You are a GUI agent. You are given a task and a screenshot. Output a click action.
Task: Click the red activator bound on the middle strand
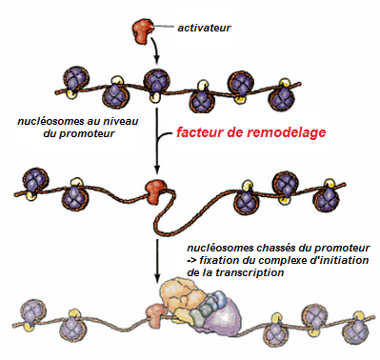(152, 190)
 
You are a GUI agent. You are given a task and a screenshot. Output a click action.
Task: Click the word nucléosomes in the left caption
(41, 122)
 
